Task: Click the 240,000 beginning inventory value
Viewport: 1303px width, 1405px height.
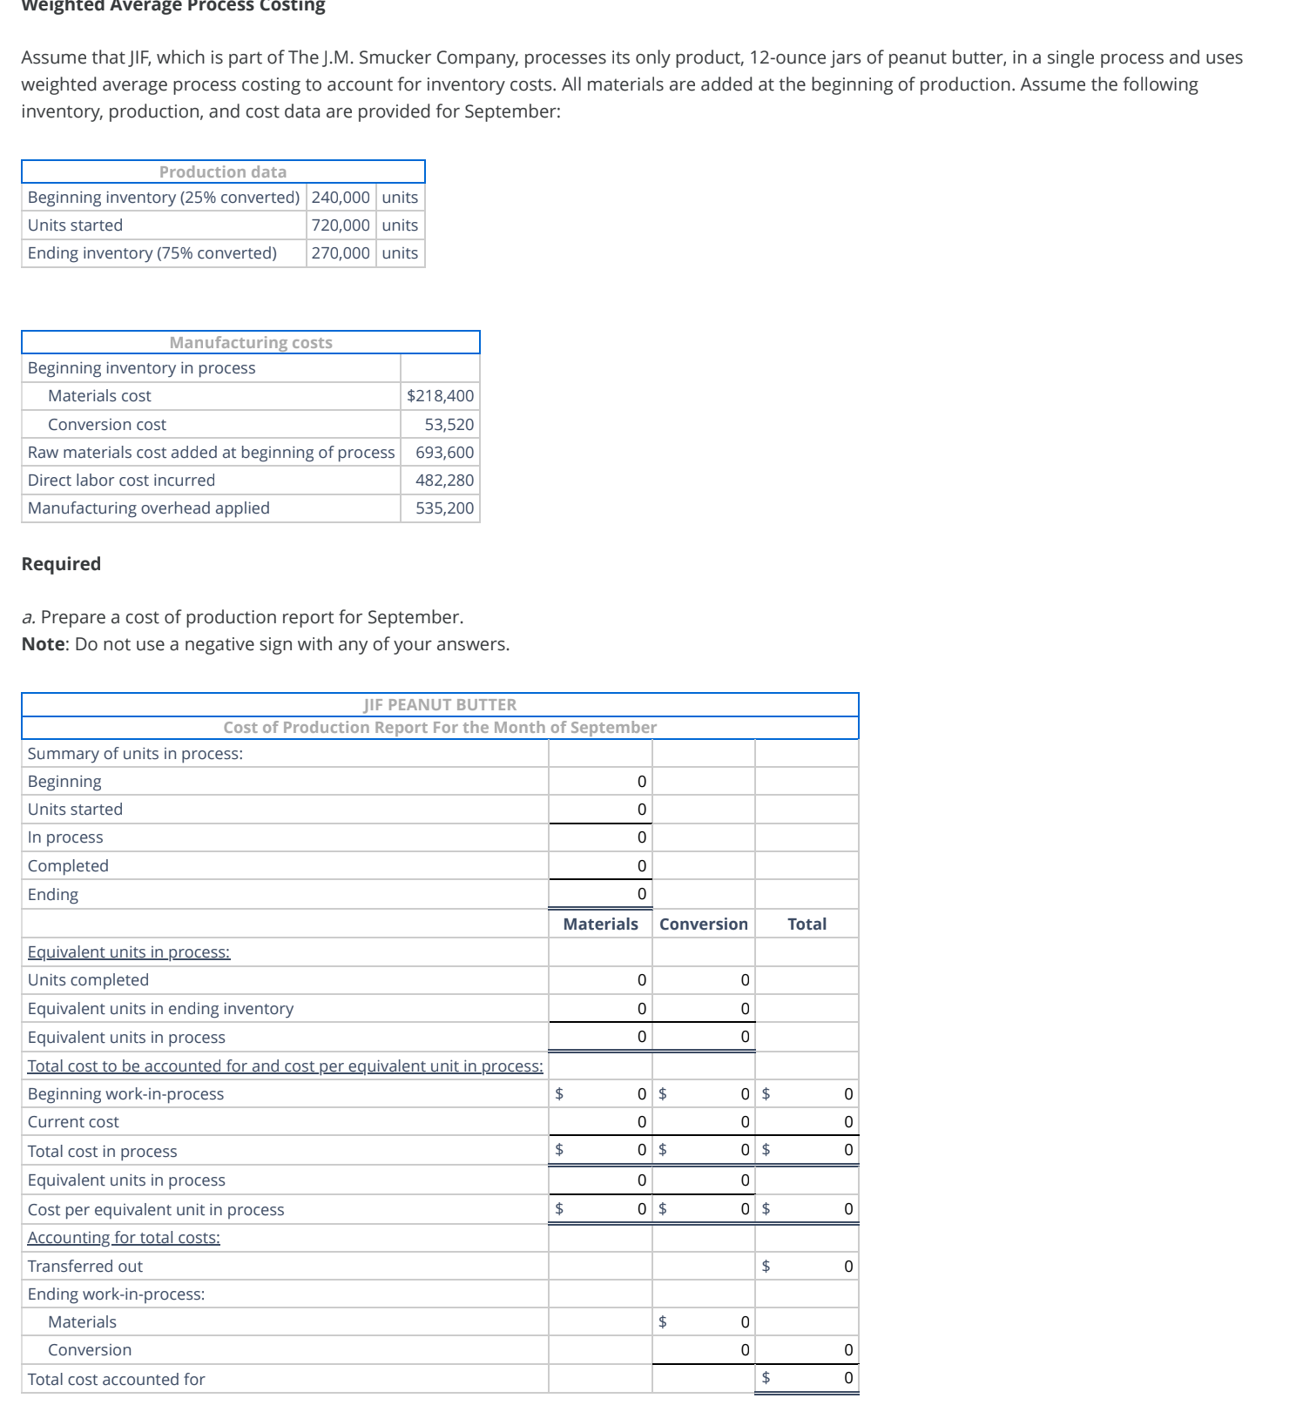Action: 341,198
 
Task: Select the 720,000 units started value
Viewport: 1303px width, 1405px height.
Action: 341,225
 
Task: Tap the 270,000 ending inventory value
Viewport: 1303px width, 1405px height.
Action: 341,253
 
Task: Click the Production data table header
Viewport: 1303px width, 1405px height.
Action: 223,171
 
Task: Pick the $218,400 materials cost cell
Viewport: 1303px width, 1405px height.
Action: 440,396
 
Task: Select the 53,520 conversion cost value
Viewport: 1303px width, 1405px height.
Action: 449,425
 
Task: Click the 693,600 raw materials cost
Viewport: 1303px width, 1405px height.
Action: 444,453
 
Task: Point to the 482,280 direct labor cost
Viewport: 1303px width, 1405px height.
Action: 444,481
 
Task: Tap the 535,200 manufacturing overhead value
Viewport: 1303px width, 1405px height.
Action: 444,508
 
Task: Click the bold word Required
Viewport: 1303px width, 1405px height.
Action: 61,564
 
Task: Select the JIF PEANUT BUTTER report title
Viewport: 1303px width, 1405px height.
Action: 440,704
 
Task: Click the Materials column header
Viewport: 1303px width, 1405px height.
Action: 600,924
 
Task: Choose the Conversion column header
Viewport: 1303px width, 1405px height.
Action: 703,924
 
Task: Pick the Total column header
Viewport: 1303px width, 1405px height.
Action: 807,924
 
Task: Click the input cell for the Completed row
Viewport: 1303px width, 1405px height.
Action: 601,866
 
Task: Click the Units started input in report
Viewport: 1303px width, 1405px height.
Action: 601,810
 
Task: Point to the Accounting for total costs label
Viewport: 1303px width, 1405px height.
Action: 124,1238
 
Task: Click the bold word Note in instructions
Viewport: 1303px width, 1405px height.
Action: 43,644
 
